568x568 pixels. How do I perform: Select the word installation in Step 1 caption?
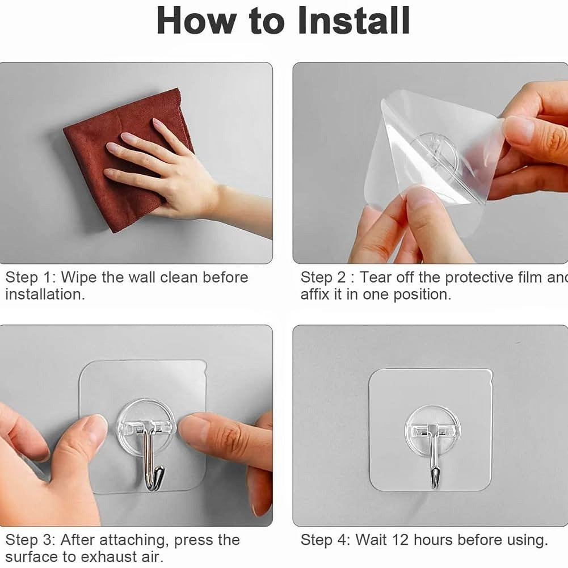point(44,294)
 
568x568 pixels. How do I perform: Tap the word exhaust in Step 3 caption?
point(94,556)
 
